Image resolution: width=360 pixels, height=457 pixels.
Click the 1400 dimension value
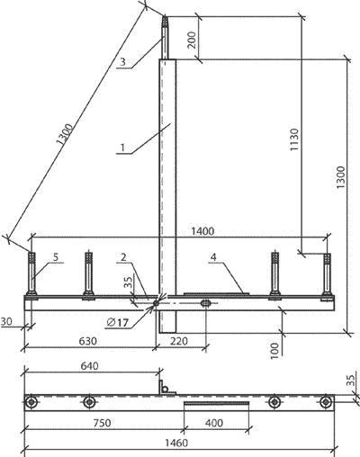[202, 231]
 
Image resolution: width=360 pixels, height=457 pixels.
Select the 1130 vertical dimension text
[294, 139]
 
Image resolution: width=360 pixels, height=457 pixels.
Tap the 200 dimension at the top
[192, 40]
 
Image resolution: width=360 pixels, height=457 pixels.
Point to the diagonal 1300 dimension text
[65, 134]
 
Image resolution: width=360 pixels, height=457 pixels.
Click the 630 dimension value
[88, 341]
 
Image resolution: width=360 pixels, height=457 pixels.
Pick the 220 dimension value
[178, 341]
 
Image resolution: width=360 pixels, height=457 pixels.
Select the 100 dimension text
[274, 350]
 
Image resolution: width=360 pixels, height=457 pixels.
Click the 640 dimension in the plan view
[89, 366]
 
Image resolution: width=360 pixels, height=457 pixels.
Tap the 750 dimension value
[102, 423]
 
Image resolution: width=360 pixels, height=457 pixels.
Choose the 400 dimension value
[214, 423]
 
